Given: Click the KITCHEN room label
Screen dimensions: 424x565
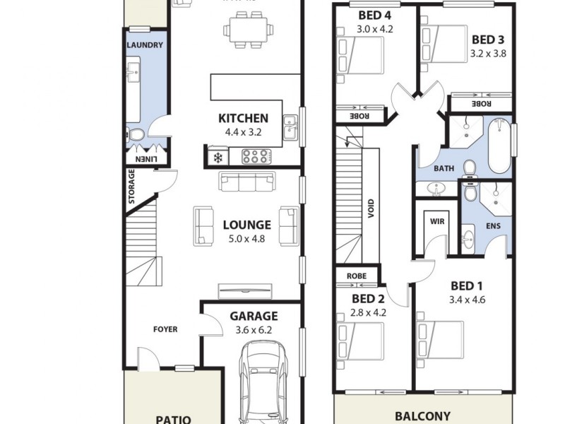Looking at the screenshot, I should tap(243, 118).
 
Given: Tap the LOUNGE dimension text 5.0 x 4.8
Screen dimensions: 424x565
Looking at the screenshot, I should tap(243, 239).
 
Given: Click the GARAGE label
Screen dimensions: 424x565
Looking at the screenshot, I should tap(254, 316).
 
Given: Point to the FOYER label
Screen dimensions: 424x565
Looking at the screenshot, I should tap(165, 329).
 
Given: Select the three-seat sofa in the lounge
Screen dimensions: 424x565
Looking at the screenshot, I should tap(246, 182).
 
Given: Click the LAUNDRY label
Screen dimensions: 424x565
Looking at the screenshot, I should tap(145, 45).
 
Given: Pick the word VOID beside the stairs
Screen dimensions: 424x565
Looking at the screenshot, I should tap(371, 209).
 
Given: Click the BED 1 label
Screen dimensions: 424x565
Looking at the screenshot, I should tap(466, 286).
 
